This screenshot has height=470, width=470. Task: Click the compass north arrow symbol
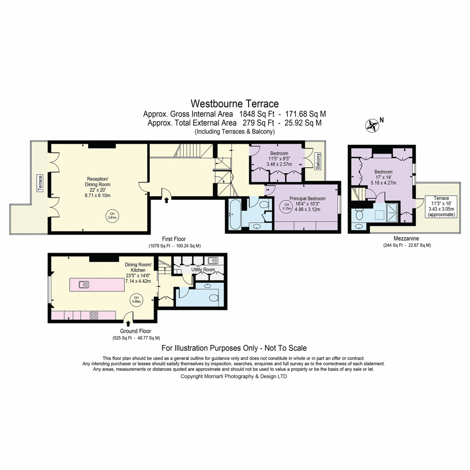[372, 126]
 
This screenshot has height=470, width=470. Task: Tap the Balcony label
[318, 161]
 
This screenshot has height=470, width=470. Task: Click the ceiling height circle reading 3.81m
[112, 215]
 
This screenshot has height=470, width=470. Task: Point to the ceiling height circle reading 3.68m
[136, 300]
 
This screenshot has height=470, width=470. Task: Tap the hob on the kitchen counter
[94, 315]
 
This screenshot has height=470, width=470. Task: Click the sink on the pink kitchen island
[84, 284]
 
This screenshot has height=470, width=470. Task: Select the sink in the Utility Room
[213, 261]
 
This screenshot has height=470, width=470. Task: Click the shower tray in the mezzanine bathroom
[392, 213]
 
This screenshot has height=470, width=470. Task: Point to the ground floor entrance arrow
[128, 324]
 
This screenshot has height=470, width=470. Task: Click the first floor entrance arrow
[166, 200]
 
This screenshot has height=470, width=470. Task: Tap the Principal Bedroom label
[307, 199]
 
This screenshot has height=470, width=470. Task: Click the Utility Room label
[203, 269]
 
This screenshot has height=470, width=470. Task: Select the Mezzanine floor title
[406, 238]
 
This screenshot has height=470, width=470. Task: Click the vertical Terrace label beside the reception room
[40, 183]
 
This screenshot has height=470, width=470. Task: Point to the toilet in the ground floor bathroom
[214, 298]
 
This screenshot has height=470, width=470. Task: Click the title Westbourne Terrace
[235, 104]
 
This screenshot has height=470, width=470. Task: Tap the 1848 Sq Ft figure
[257, 114]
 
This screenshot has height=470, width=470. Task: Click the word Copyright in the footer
[192, 376]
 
